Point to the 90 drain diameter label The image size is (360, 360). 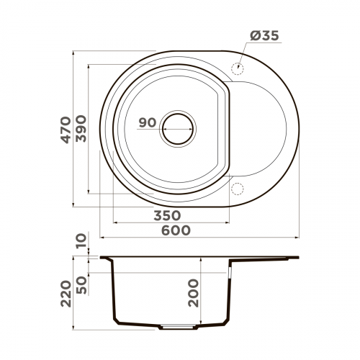pyautogui.click(x=147, y=123)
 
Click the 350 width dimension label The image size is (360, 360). pyautogui.click(x=166, y=215)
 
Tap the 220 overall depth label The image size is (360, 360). pyautogui.click(x=66, y=294)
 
